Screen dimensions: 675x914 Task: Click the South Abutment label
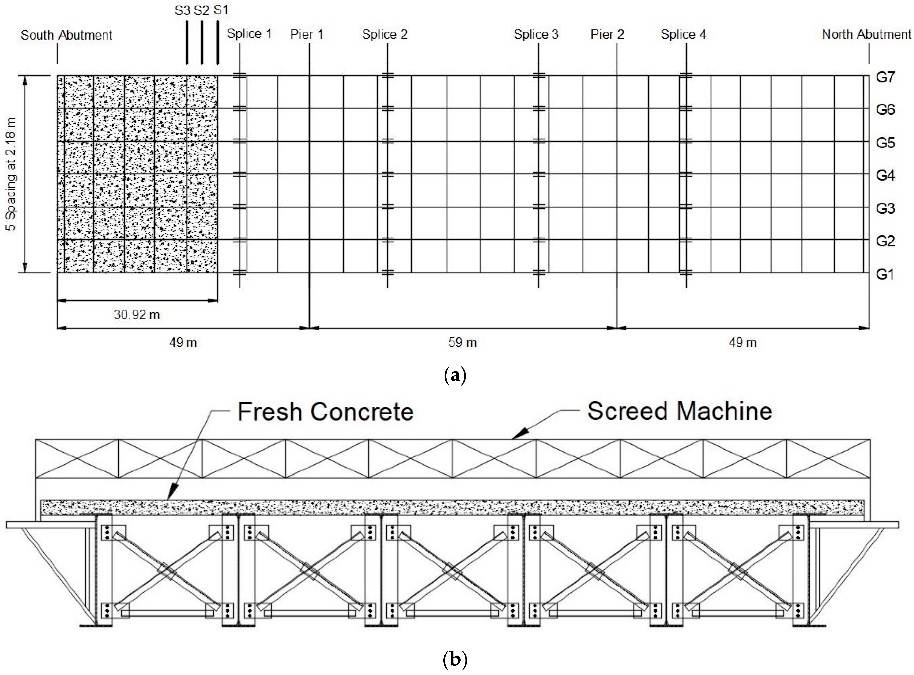pyautogui.click(x=66, y=35)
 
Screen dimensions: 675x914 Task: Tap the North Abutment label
pyautogui.click(x=866, y=34)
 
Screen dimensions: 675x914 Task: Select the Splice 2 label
pyautogui.click(x=384, y=34)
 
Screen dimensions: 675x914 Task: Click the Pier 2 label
pyautogui.click(x=607, y=34)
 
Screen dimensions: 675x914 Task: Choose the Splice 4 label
pyautogui.click(x=683, y=34)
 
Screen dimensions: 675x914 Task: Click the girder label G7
pyautogui.click(x=885, y=77)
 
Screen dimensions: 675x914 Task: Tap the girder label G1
pyautogui.click(x=885, y=274)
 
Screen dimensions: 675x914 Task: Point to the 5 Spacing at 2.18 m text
pyautogui.click(x=11, y=174)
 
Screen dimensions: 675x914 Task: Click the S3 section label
pyautogui.click(x=183, y=11)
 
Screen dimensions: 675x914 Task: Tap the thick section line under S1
pyautogui.click(x=217, y=43)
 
